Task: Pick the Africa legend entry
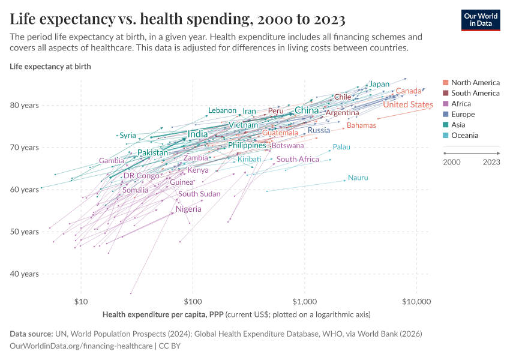(x=461, y=104)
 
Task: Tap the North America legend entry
(x=475, y=83)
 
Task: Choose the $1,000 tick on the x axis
(x=305, y=300)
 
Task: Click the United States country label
(x=407, y=105)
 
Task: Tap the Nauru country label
(x=358, y=178)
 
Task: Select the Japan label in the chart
(x=379, y=84)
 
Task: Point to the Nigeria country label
(x=188, y=209)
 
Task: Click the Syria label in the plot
(x=128, y=136)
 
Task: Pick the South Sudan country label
(x=199, y=194)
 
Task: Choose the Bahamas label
(x=361, y=125)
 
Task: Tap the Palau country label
(x=341, y=147)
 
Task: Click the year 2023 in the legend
(x=491, y=162)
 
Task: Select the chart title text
(x=178, y=19)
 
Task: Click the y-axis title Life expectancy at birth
(x=50, y=67)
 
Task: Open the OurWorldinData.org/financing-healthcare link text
(x=82, y=346)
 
